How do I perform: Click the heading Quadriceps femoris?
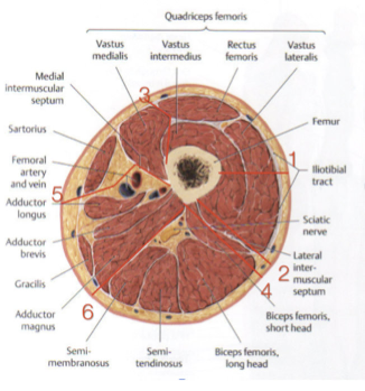coord(205,17)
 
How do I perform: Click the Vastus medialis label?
coord(110,49)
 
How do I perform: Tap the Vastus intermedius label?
coord(176,49)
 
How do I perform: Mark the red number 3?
coord(145,96)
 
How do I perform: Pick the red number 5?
coord(57,194)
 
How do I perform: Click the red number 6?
coord(88,311)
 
